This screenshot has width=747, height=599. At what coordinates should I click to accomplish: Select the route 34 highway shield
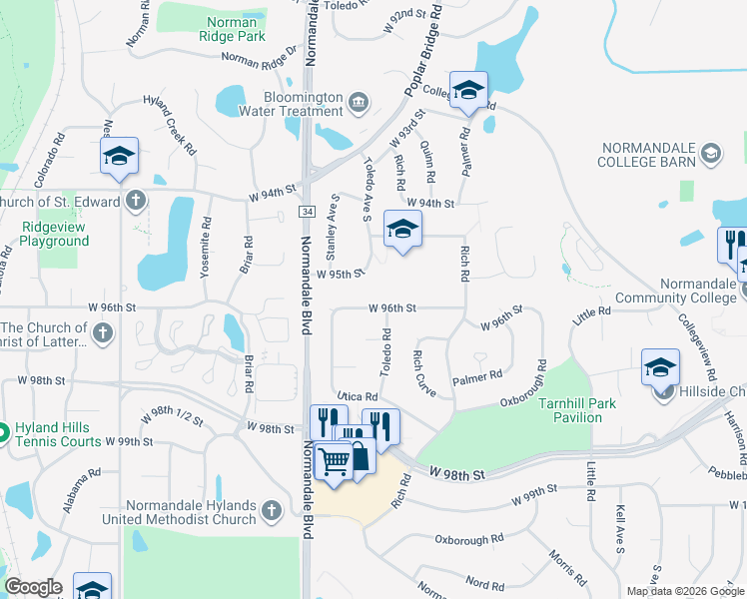point(307,211)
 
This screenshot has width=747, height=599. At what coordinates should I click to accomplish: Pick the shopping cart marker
point(335,460)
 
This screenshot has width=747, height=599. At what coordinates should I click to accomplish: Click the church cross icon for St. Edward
point(135,201)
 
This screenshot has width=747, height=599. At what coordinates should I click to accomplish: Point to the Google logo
point(33,587)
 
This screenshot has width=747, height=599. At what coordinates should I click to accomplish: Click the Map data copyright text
point(684,591)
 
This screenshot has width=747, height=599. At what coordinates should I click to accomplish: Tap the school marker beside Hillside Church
point(660,367)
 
